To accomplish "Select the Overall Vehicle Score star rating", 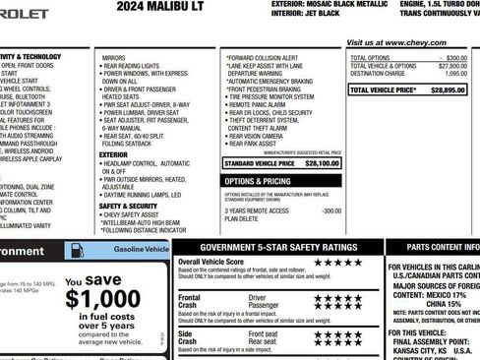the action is pyautogui.click(x=337, y=264).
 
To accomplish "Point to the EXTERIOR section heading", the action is pyautogui.click(x=113, y=154).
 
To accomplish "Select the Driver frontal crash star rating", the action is pyautogui.click(x=337, y=297).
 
